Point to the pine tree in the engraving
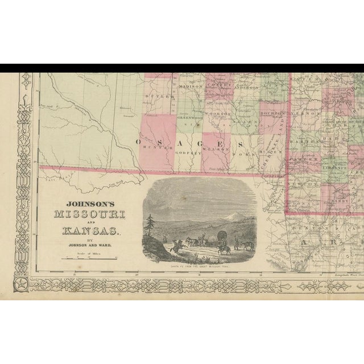click(x=150, y=225)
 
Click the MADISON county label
click(x=190, y=86)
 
